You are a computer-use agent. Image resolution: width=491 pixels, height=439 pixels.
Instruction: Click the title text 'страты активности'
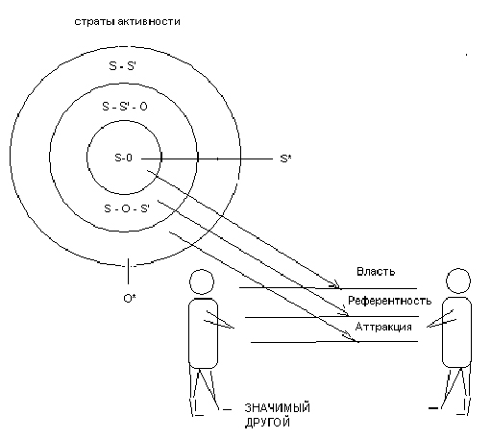point(127,22)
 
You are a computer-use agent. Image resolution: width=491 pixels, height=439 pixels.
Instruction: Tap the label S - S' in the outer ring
point(122,65)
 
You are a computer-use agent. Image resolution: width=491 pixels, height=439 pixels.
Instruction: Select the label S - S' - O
point(125,106)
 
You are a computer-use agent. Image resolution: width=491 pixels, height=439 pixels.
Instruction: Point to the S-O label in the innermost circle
point(123,158)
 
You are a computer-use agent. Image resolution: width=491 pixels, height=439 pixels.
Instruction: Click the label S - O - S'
point(127,208)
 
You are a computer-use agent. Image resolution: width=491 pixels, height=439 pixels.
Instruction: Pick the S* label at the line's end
point(285,159)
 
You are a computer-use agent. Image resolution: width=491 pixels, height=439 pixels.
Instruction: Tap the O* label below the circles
point(130,298)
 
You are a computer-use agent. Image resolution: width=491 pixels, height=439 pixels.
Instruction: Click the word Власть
point(376,272)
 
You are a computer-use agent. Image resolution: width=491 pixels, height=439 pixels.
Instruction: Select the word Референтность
point(390,301)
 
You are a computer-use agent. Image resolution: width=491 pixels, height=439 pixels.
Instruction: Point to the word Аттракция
point(383,327)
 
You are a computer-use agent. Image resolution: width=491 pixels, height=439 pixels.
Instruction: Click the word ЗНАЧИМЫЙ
point(278,408)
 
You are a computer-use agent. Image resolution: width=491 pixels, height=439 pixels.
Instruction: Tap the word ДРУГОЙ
point(267,422)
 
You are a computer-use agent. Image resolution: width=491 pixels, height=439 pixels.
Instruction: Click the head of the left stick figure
point(202,281)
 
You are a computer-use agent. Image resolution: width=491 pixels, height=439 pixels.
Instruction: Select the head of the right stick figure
point(458,280)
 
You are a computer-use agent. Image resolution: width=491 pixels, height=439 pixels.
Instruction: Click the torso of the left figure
point(203,333)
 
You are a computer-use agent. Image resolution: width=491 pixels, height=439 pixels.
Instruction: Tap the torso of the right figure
point(456,332)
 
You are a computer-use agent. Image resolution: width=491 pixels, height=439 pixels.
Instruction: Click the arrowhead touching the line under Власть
point(337,285)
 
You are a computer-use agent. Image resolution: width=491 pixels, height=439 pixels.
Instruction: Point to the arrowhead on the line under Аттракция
point(352,338)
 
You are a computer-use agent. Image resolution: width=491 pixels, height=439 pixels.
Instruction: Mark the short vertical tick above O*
point(129,271)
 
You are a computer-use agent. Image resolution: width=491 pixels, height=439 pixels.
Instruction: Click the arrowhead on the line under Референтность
point(344,312)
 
